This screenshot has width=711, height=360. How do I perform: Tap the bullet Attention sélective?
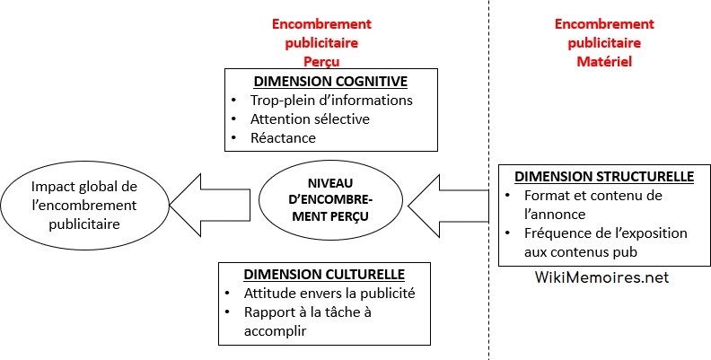(311, 119)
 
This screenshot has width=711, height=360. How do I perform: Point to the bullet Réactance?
(283, 137)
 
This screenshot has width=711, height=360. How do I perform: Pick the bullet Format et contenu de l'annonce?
(592, 205)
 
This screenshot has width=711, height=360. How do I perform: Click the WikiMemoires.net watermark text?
(601, 278)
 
